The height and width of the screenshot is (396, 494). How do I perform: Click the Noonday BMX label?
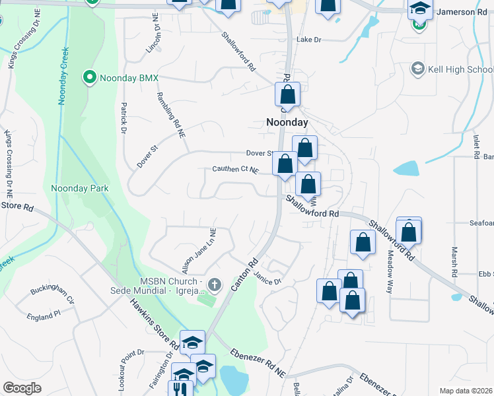[129, 78]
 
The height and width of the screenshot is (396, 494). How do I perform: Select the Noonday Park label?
[80, 188]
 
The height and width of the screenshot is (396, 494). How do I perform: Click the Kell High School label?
[461, 69]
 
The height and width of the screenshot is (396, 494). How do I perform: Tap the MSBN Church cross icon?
[213, 285]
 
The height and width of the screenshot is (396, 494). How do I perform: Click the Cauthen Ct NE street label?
[234, 170]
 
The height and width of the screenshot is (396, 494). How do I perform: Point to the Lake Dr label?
[308, 40]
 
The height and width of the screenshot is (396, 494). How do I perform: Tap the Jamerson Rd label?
[464, 12]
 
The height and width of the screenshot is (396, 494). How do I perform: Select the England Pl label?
[43, 317]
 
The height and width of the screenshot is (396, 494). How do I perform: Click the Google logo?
[22, 388]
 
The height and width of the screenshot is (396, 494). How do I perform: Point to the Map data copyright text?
[465, 391]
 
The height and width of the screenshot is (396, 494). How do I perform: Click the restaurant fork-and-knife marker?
[179, 387]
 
